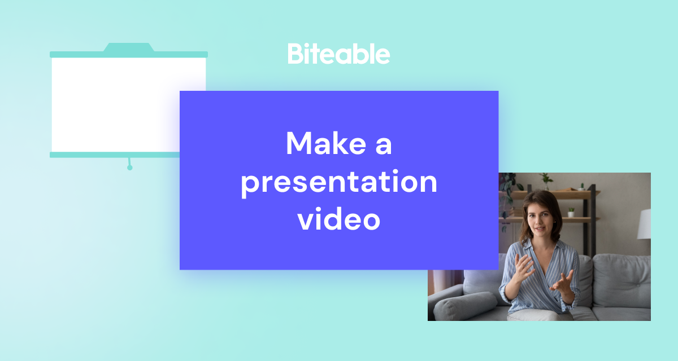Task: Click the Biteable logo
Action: pos(338,54)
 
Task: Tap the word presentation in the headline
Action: pos(339,182)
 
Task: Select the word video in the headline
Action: pos(338,219)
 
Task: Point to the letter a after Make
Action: pos(384,146)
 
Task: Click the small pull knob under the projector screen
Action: pos(129,168)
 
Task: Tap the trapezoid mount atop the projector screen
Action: pos(129,47)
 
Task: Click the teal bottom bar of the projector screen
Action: pos(115,155)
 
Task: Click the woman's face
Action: pos(541,222)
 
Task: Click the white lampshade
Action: pos(644,224)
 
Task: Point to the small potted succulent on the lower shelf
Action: pos(571,212)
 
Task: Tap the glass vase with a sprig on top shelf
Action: pos(546,182)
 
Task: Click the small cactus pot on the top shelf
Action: pos(581,187)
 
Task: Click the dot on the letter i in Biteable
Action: pos(308,46)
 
